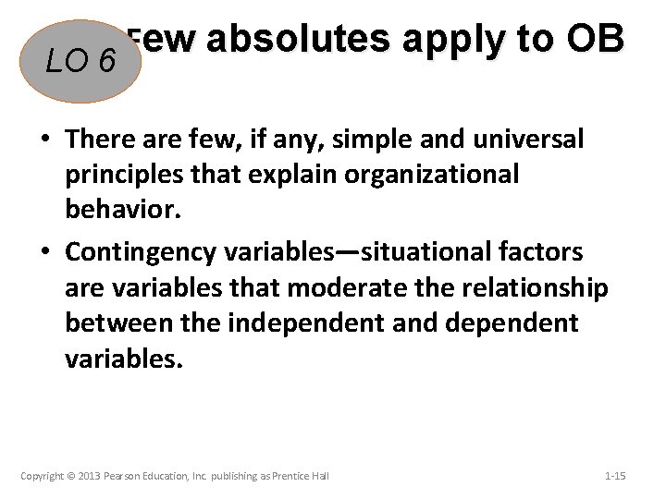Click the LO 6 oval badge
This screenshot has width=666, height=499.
pyautogui.click(x=82, y=61)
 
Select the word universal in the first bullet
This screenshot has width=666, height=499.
pyautogui.click(x=528, y=140)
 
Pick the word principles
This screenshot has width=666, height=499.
pyautogui.click(x=117, y=175)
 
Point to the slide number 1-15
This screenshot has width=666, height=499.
pyautogui.click(x=614, y=476)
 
